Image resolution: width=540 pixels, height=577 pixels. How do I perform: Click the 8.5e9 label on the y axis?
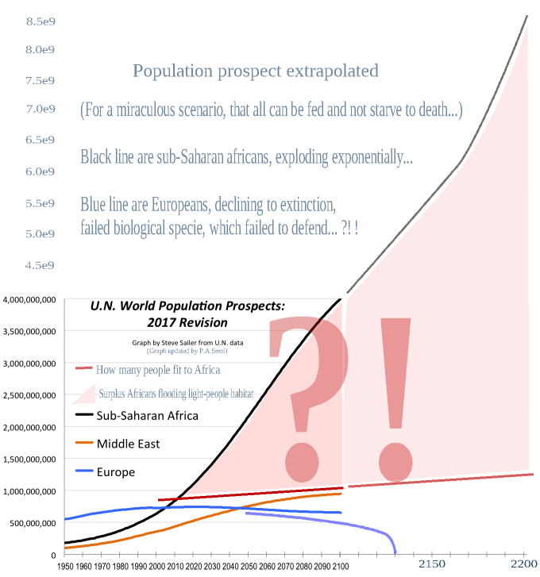pyautogui.click(x=39, y=21)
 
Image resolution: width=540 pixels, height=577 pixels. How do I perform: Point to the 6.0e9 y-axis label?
pyautogui.click(x=39, y=171)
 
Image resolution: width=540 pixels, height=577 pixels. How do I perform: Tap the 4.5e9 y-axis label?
pyautogui.click(x=39, y=265)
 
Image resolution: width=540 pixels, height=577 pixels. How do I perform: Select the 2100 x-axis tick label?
pyautogui.click(x=341, y=566)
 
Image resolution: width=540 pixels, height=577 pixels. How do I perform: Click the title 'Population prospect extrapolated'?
pyautogui.click(x=256, y=71)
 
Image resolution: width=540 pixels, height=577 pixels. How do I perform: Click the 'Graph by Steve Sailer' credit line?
pyautogui.click(x=187, y=342)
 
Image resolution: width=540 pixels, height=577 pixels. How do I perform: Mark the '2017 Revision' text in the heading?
pyautogui.click(x=187, y=322)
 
